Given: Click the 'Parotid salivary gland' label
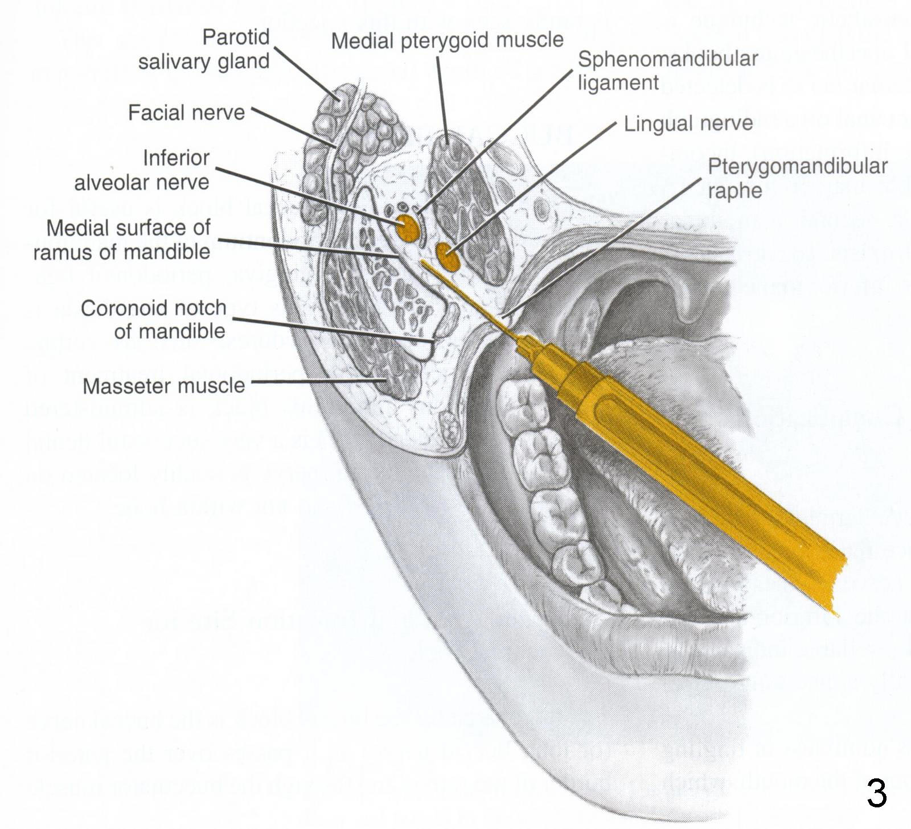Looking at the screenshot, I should [x=204, y=50].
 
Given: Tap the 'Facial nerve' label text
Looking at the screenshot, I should [x=186, y=113].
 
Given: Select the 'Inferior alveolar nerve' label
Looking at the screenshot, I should [x=142, y=170].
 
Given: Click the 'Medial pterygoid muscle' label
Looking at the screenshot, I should [x=447, y=40].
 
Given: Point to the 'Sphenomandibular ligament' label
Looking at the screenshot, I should [x=667, y=71].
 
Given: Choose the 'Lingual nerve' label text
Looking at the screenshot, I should [x=688, y=123].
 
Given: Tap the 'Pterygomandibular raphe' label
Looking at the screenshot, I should [x=797, y=178].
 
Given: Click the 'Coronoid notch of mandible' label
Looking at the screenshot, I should [x=154, y=319].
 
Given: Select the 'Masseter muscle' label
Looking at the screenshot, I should [x=164, y=386].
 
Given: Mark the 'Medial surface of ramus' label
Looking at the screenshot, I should [x=122, y=240].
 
